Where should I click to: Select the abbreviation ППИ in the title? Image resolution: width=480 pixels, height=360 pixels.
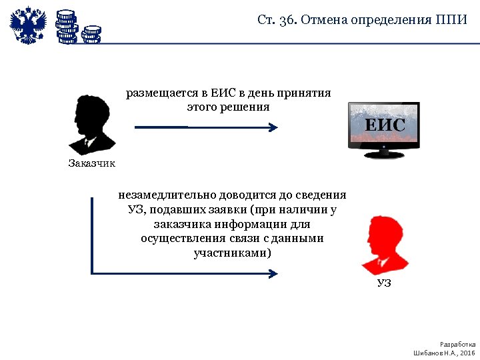coord(453,19)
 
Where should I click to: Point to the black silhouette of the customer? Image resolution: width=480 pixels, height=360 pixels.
coord(91,124)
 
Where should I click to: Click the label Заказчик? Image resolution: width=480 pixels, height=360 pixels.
coord(92,163)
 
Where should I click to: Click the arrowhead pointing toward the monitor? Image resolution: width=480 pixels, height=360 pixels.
coord(272,127)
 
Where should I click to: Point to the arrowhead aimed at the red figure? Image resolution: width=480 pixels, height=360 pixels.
coord(272,273)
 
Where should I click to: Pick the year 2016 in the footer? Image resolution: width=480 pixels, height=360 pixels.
coord(467,352)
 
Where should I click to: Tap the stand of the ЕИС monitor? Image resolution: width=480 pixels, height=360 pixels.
coord(384,154)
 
